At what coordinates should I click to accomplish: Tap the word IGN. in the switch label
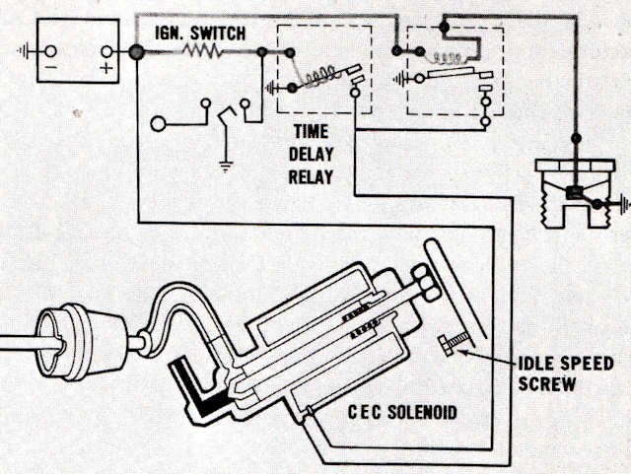[173, 33]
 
